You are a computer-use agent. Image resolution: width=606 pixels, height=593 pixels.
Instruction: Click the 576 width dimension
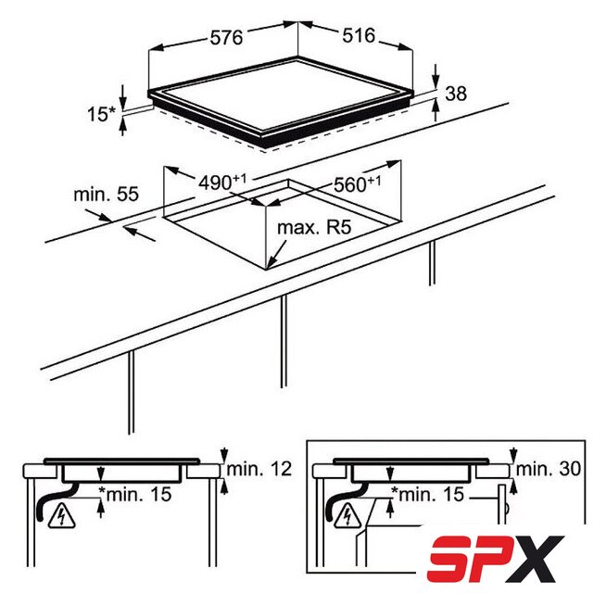pos(226,37)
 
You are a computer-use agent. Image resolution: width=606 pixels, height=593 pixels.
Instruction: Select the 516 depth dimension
pos(359,35)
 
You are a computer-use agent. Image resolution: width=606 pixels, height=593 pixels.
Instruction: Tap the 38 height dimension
pos(456,94)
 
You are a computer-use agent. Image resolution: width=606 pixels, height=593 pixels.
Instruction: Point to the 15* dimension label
pos(101,114)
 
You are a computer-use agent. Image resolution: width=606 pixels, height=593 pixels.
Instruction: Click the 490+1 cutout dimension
pos(222,183)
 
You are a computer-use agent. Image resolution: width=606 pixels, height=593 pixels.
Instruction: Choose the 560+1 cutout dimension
pos(357,184)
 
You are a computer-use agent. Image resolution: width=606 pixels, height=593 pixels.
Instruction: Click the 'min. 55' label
pos(106,194)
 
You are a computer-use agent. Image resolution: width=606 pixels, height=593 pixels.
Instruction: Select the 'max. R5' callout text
pos(314,227)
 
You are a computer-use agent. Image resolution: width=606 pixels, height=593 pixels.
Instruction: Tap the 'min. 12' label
pos(259,469)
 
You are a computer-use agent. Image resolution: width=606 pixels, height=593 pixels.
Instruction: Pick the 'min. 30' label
pos(549,469)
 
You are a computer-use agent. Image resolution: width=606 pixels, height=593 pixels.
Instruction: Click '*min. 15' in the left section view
pos(135,494)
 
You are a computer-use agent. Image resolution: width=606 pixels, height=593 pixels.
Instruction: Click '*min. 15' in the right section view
pos(427,494)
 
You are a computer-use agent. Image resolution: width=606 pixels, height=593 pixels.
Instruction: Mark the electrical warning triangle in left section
pos(62,516)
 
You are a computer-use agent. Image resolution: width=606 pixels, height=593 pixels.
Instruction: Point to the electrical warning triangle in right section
pos(348,515)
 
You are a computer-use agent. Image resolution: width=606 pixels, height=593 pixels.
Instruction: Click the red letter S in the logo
pos(450,559)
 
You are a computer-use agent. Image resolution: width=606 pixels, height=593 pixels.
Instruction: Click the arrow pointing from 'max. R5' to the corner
pos(276,254)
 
